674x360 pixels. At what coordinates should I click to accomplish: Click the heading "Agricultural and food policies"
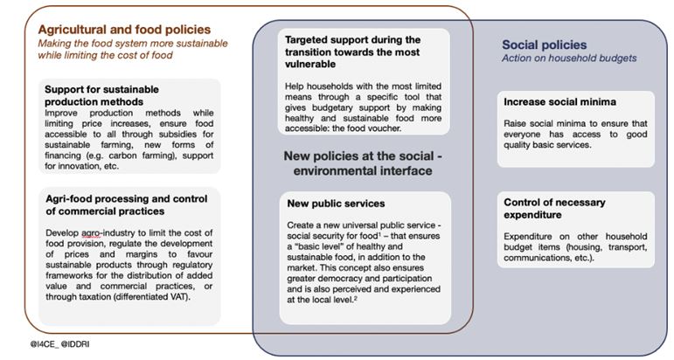coord(124,30)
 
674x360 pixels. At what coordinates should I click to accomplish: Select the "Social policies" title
coord(545,45)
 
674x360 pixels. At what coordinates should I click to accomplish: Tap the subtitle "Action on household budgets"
coord(569,59)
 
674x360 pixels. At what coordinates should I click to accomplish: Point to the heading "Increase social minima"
coord(559,102)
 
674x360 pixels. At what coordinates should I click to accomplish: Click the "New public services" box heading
coord(336,204)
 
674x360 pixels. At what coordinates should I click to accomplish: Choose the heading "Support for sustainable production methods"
coord(101,95)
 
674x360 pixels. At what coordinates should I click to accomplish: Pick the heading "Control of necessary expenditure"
coord(554,208)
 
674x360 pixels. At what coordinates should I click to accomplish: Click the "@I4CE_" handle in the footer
coord(44,344)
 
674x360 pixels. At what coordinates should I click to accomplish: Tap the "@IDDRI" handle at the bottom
coord(75,344)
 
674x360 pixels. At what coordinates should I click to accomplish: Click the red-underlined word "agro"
coord(91,233)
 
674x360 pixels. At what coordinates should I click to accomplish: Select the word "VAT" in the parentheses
coord(180,297)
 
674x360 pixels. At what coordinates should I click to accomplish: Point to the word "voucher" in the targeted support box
coord(385,128)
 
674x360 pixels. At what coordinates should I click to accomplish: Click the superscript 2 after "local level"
coord(356,298)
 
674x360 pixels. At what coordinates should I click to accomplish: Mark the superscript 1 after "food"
coord(380,234)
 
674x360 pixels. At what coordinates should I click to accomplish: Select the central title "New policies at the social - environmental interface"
coord(363,163)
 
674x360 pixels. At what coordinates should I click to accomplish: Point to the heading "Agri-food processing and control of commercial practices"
coord(127,205)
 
